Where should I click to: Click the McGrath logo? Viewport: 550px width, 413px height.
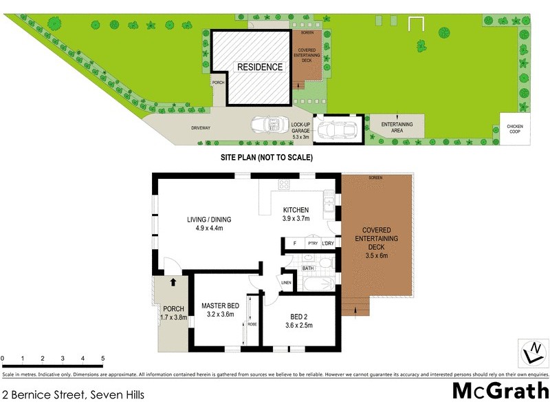tap(500, 391)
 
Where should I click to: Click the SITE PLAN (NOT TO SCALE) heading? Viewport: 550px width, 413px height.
tap(267, 158)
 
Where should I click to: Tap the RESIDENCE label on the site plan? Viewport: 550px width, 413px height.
tap(259, 67)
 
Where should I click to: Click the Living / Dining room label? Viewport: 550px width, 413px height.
tap(209, 224)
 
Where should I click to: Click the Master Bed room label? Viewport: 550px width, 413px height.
tap(220, 310)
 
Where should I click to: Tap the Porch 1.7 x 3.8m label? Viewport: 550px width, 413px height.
tap(173, 313)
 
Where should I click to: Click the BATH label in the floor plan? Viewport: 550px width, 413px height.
tap(307, 268)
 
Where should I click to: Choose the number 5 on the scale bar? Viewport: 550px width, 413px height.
tap(102, 359)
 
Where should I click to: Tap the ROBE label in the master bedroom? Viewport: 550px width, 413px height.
tap(252, 323)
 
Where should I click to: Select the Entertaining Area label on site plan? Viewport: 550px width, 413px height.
tap(397, 126)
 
